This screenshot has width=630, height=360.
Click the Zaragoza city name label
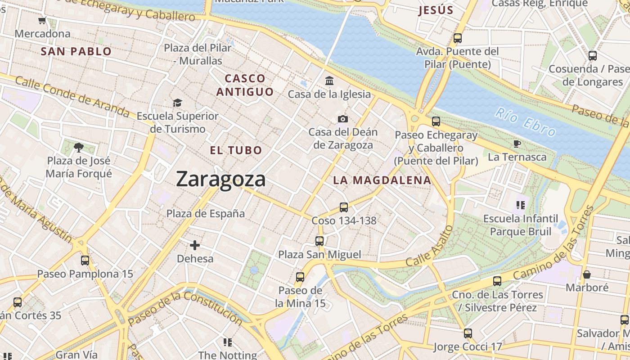(220, 179)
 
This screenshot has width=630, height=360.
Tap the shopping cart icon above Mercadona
(42, 21)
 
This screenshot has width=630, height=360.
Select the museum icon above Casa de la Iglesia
(329, 81)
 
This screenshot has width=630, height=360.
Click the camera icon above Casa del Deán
(343, 119)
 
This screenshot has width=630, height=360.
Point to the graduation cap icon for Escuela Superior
(177, 103)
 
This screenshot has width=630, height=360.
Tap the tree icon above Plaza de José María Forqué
(79, 147)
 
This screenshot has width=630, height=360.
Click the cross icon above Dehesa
(195, 245)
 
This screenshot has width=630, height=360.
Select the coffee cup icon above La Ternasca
(517, 144)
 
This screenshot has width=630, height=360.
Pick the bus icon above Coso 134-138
(344, 207)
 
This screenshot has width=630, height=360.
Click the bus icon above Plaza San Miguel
(319, 241)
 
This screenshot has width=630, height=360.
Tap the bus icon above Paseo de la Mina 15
(300, 277)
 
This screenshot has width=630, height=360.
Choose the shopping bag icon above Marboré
(587, 274)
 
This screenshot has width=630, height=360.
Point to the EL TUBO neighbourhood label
(236, 150)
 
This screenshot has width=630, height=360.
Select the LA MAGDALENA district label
(382, 180)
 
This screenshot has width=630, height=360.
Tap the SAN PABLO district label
(76, 51)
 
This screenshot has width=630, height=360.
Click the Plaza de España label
(206, 213)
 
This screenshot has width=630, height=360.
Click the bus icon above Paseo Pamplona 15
(85, 261)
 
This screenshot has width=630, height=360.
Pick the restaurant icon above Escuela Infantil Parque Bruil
(521, 206)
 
